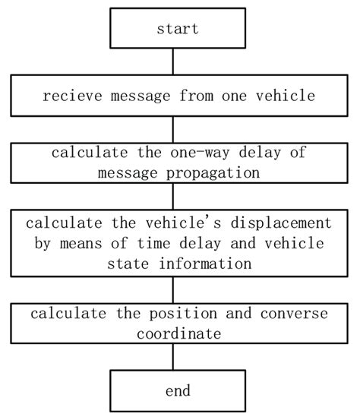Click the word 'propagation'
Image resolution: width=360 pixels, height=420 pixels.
coord(219,172)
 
